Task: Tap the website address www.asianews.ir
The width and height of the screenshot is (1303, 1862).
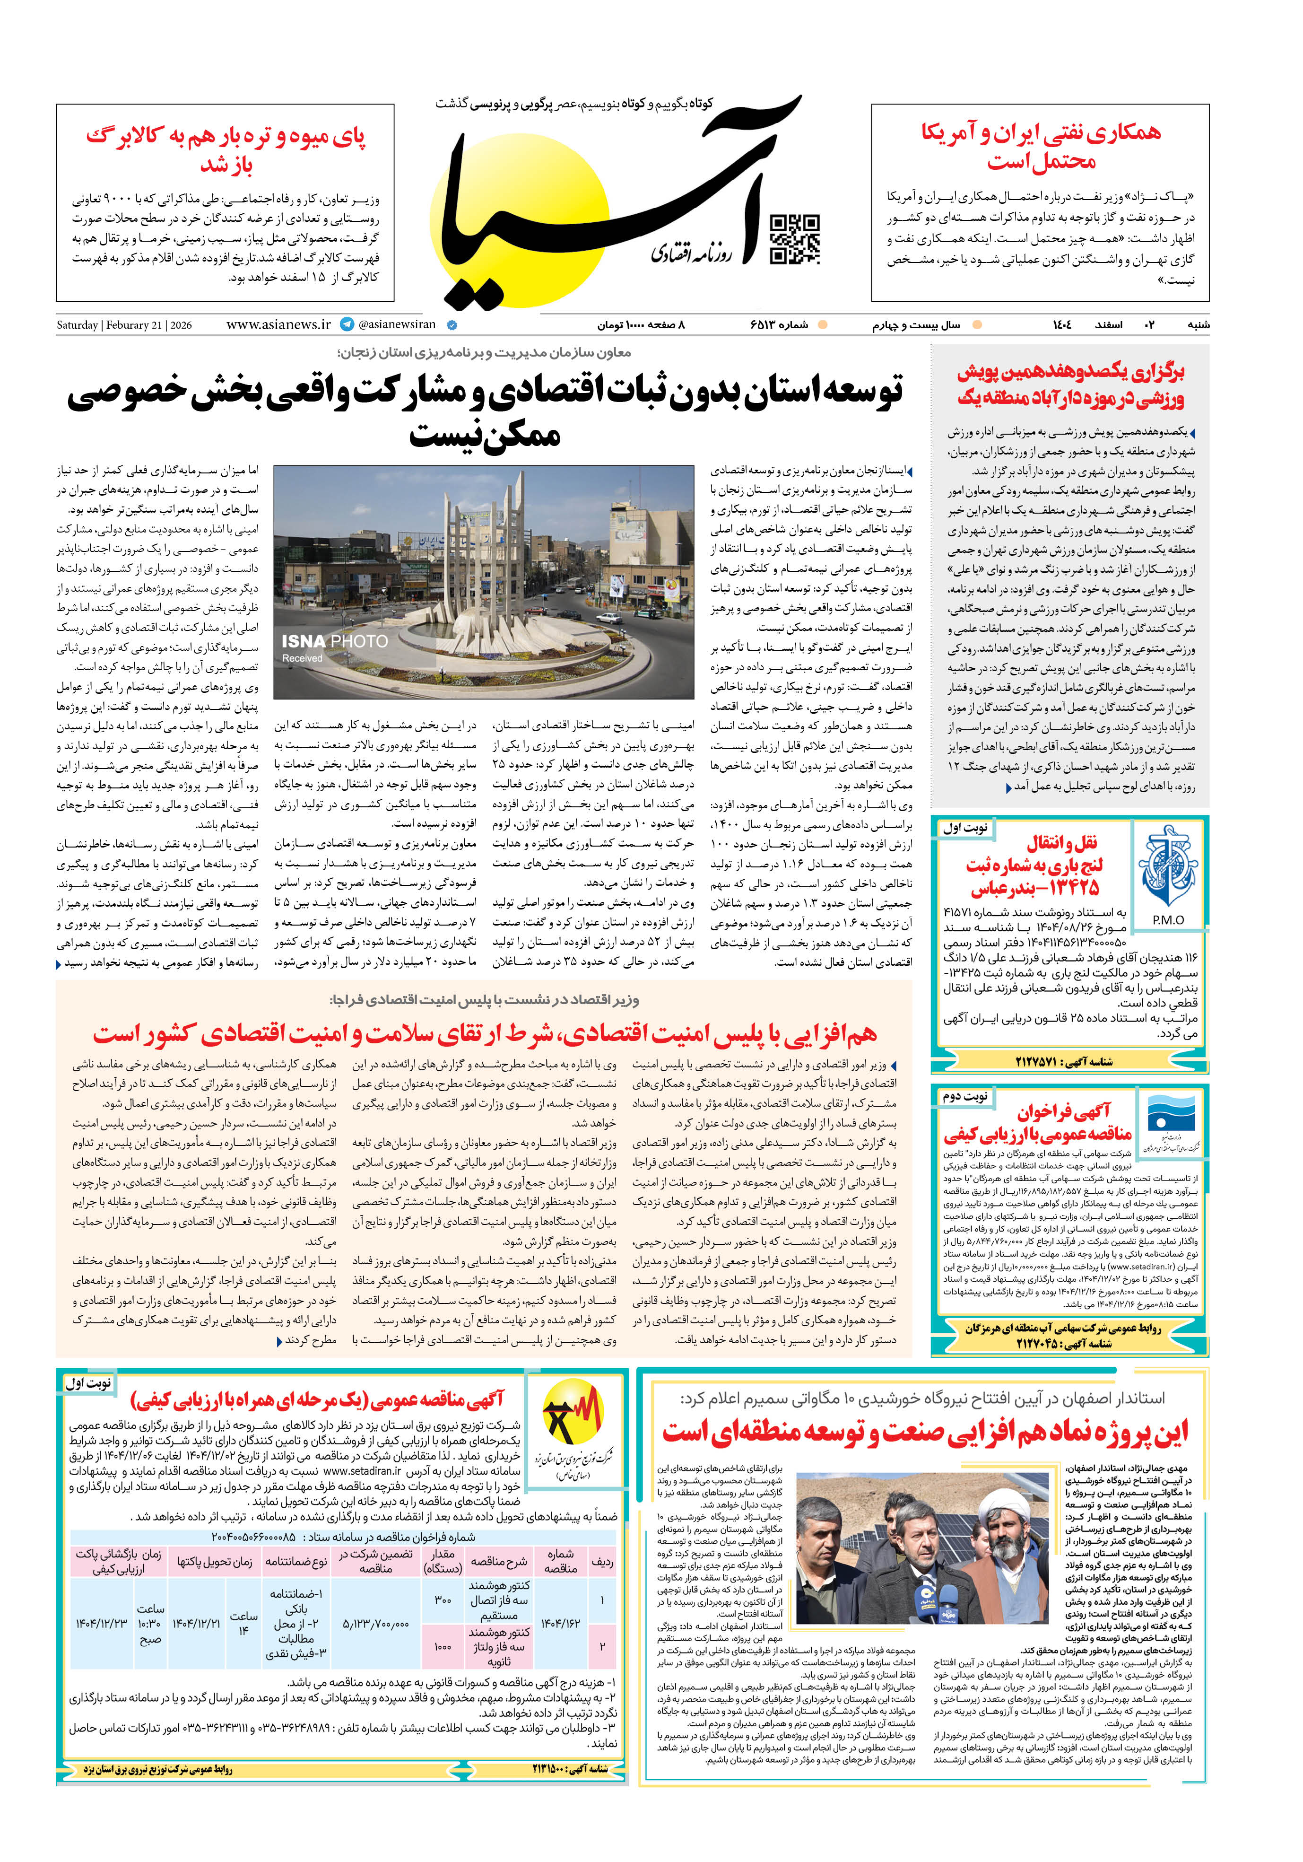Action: click(278, 324)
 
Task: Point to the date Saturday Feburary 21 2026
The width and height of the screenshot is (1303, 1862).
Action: click(124, 325)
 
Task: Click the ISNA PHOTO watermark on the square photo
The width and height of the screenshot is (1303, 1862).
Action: click(334, 641)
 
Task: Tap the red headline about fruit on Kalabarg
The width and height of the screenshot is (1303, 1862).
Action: click(226, 150)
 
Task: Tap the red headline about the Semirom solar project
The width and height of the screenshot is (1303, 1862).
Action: click(925, 1432)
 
